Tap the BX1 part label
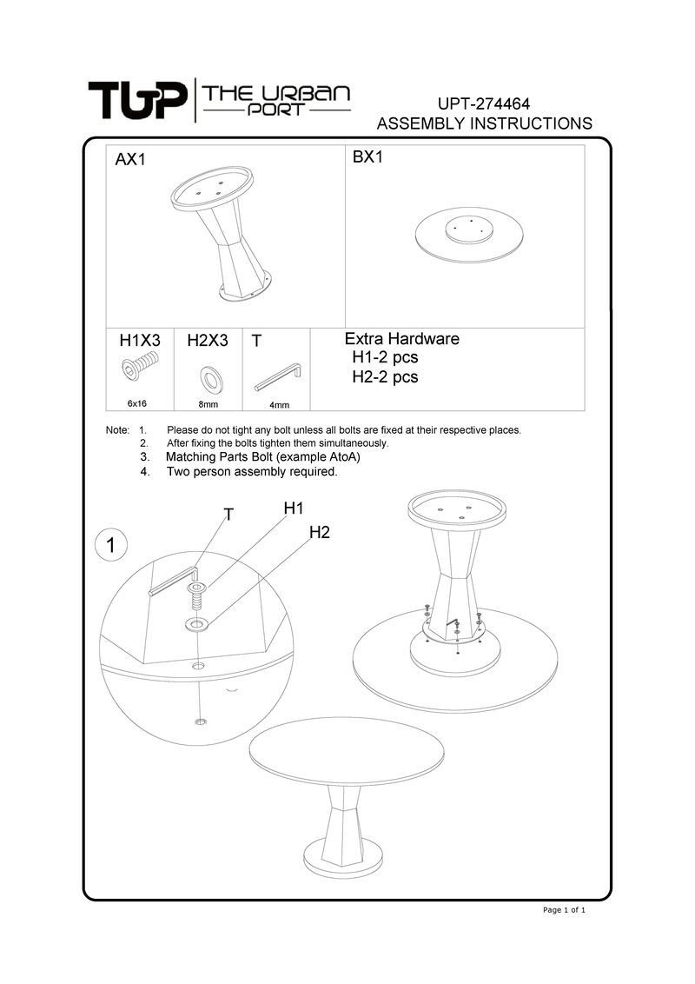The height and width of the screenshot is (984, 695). [368, 158]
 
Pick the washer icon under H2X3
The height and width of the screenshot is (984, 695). [209, 376]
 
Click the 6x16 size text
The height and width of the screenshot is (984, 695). [137, 403]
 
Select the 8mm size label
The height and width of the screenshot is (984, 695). [208, 404]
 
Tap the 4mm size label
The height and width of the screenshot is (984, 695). [279, 404]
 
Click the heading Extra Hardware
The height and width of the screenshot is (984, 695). [402, 339]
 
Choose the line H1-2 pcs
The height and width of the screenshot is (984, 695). [385, 357]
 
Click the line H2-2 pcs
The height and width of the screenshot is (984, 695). [385, 377]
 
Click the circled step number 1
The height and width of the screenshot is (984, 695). [110, 545]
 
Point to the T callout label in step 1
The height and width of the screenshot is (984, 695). [228, 515]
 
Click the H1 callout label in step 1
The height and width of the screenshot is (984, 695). [293, 508]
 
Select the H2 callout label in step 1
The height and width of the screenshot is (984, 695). [320, 532]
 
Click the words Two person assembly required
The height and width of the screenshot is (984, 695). [251, 472]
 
